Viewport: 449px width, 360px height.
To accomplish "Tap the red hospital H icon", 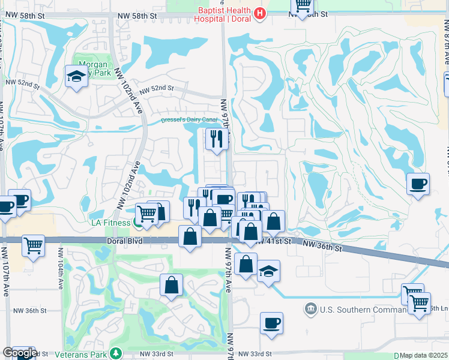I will [x=260, y=13].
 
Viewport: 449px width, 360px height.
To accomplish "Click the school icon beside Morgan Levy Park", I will [x=76, y=77].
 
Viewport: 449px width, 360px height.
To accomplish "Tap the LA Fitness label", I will [x=110, y=223].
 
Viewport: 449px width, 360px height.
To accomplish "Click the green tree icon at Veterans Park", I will [x=119, y=353].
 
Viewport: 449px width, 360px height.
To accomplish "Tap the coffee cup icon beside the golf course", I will [x=418, y=184].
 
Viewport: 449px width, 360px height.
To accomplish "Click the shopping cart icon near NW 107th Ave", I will [x=33, y=245].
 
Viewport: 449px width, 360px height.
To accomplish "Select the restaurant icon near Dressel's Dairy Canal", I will [x=215, y=139].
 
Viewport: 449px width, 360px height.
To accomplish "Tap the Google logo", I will [x=19, y=353].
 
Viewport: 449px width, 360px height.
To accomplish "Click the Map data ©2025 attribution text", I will [x=423, y=356].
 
